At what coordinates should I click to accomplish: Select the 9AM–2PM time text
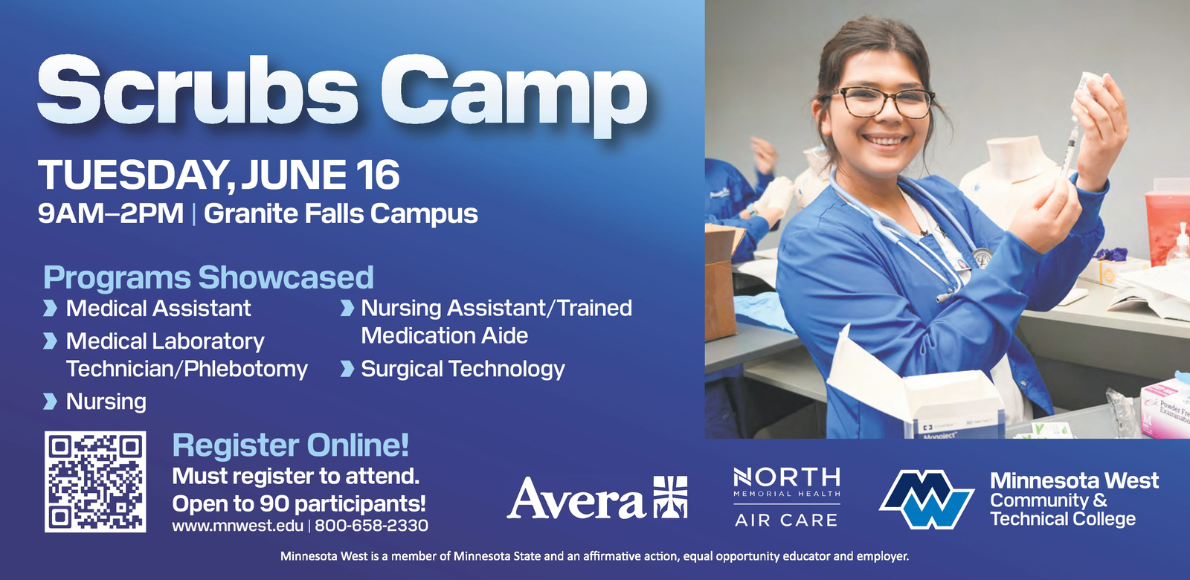click(111, 213)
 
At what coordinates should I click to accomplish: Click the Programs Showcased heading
click(208, 277)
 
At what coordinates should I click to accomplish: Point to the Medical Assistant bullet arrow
click(49, 308)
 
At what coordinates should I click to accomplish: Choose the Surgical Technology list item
click(463, 370)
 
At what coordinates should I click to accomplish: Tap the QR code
click(95, 482)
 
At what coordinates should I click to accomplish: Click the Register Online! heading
click(291, 445)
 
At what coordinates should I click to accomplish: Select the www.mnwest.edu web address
click(237, 526)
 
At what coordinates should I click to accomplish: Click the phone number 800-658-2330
click(371, 526)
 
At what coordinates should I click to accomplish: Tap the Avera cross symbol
click(670, 497)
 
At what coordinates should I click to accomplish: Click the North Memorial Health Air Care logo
click(787, 497)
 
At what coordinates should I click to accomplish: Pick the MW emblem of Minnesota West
click(927, 500)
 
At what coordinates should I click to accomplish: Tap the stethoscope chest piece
click(982, 258)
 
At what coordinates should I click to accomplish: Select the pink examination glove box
click(1165, 407)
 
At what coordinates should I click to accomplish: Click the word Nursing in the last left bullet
click(106, 402)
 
